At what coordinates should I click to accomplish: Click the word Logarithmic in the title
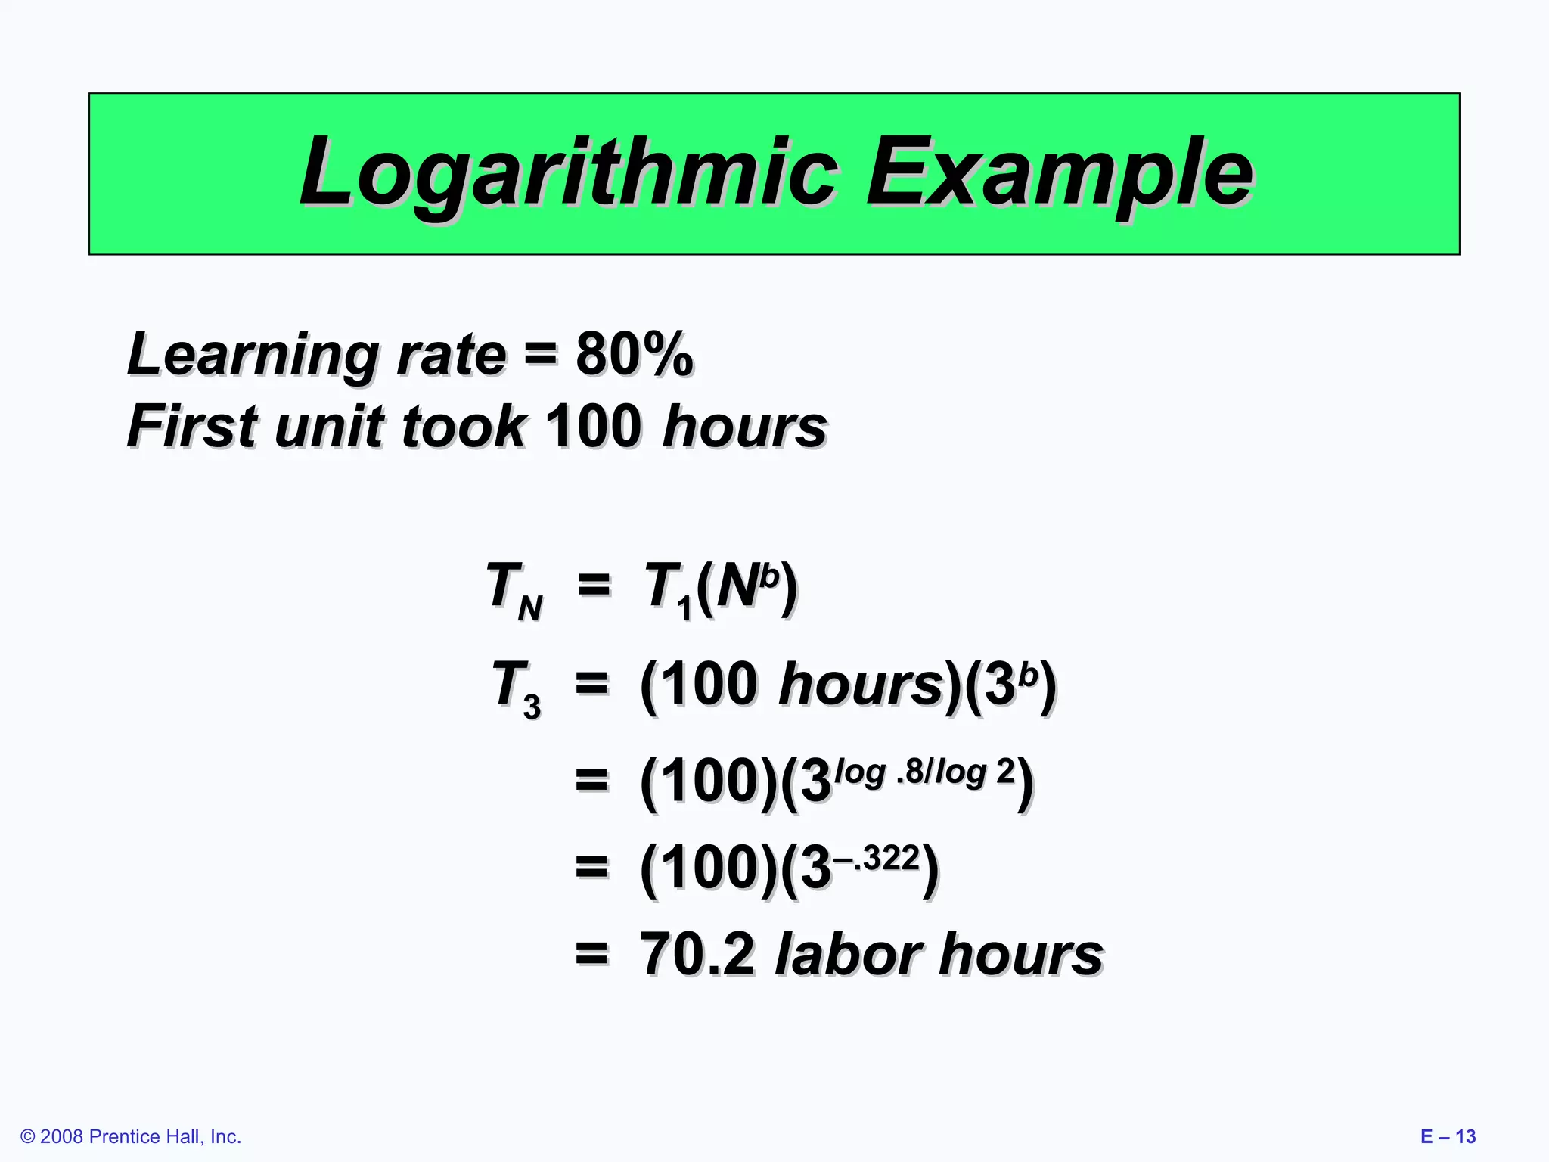click(567, 172)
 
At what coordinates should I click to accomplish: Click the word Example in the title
click(1059, 172)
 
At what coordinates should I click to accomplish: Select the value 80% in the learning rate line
click(634, 354)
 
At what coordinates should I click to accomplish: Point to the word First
click(194, 426)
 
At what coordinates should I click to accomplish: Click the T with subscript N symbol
click(514, 590)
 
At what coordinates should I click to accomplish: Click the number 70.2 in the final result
click(697, 954)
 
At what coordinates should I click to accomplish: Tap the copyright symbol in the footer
click(28, 1137)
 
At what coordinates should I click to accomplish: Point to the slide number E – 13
click(1448, 1137)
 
